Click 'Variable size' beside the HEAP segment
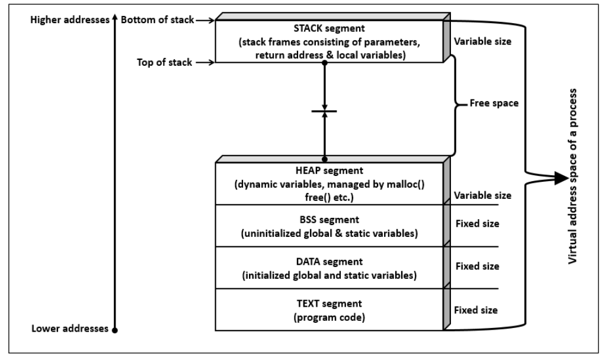pyautogui.click(x=482, y=195)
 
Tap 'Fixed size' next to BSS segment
pyautogui.click(x=477, y=224)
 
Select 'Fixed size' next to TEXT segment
pyautogui.click(x=477, y=310)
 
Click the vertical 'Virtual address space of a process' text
pyautogui.click(x=574, y=177)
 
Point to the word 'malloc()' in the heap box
pyautogui.click(x=404, y=185)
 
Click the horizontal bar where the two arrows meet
pyautogui.click(x=325, y=111)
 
